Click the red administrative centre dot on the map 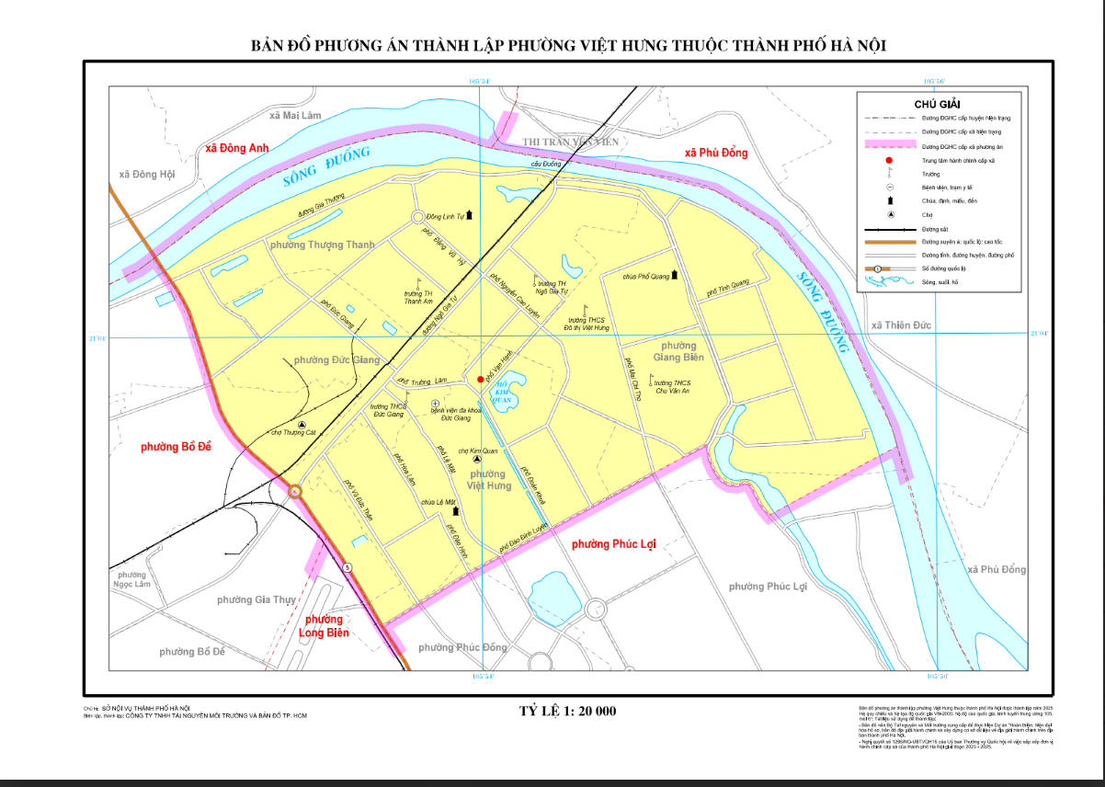(x=481, y=379)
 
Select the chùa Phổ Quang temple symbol (x=675, y=274)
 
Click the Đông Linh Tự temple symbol (x=470, y=214)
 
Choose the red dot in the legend (x=876, y=160)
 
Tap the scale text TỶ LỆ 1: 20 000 (x=567, y=711)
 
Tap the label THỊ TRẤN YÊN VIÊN (x=571, y=142)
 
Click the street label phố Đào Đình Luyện (x=524, y=538)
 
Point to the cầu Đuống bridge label (x=545, y=164)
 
